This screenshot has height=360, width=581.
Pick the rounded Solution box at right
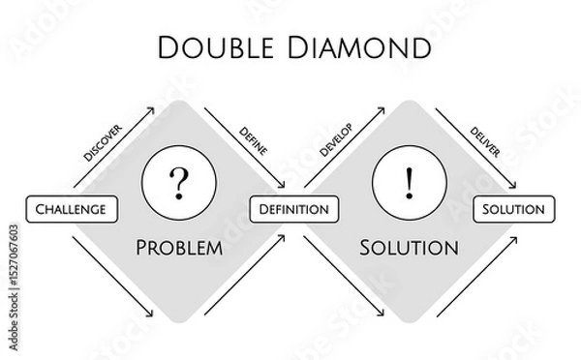[x=513, y=208]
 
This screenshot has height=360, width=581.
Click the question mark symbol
[x=177, y=181]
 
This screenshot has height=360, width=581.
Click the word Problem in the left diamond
[x=179, y=247]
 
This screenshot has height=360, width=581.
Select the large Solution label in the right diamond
[x=409, y=247]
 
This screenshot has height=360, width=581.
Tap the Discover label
[x=104, y=141]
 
